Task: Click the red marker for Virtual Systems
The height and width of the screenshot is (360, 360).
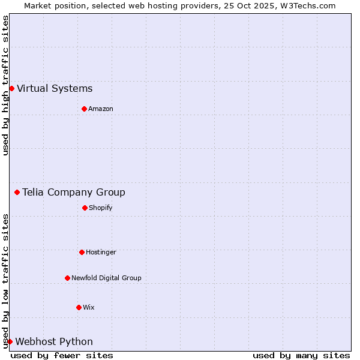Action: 11,89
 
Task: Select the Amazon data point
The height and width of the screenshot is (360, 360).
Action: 84,109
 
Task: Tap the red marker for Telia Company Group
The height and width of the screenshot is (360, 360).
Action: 17,193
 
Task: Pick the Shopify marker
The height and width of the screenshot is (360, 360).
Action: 85,208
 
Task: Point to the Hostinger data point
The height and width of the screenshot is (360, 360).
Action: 82,252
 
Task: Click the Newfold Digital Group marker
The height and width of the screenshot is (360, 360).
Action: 67,278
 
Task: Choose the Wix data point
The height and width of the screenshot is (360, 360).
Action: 79,307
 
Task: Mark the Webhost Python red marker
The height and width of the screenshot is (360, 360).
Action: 10,342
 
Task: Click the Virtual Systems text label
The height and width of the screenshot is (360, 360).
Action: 55,89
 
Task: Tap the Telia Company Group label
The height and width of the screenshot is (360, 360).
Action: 74,193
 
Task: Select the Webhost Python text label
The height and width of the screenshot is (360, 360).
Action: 54,342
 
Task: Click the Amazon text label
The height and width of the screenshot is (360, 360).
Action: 101,109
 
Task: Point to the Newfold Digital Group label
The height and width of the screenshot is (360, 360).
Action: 106,278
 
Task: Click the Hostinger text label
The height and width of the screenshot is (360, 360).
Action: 101,252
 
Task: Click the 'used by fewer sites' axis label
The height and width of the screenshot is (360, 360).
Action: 62,355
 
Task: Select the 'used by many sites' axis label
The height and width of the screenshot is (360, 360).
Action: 301,355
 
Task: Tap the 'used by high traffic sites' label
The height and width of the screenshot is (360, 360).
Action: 5,85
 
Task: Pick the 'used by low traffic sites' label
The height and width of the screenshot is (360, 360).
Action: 5,281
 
